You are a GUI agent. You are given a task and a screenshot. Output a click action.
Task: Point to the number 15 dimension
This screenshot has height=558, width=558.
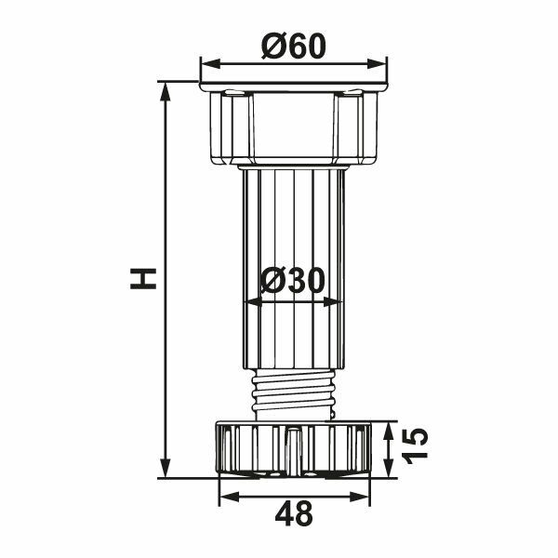coord(416,448)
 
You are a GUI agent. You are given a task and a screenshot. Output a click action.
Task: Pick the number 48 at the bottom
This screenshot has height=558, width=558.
coord(293,512)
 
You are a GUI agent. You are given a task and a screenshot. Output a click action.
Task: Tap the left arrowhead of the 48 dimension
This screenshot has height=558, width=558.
coord(224,496)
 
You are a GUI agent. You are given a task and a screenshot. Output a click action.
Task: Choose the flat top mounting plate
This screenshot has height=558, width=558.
coord(293,86)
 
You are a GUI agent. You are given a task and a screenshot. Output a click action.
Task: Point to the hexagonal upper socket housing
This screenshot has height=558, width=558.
coord(293,128)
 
